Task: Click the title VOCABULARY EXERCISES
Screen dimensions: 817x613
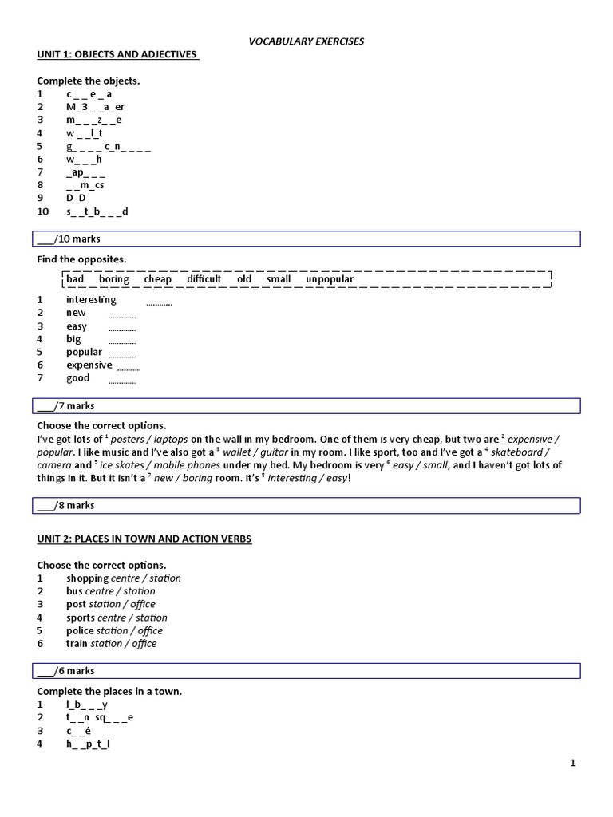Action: (x=306, y=41)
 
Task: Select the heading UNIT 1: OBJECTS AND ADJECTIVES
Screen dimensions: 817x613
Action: (x=117, y=54)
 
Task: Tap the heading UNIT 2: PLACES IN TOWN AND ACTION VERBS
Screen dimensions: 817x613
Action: (x=144, y=539)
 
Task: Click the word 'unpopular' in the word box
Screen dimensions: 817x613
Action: (x=329, y=279)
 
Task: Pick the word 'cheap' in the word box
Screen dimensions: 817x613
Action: (x=158, y=279)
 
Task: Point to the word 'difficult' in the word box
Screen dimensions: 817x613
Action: (x=204, y=279)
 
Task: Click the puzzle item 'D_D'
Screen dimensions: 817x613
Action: (x=76, y=199)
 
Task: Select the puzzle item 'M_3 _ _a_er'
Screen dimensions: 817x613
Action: (x=96, y=107)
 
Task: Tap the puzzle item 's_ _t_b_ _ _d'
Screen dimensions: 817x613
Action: (x=97, y=211)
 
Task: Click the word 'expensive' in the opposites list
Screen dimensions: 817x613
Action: (x=89, y=365)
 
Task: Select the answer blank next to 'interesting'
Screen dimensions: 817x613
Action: (x=159, y=302)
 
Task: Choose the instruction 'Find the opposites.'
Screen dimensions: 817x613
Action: (x=81, y=259)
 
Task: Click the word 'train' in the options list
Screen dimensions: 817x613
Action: (x=77, y=644)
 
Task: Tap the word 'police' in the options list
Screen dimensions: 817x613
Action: (x=80, y=630)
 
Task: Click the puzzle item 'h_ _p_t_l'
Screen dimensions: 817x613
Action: (x=89, y=744)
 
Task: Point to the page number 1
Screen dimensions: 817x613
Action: (x=572, y=764)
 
